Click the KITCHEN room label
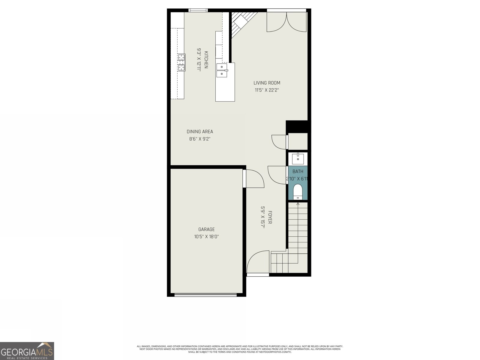coord(206,60)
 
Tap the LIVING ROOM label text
coord(267,83)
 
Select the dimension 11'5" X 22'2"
coord(267,90)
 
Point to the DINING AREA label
coord(200,131)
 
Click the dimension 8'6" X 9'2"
coord(200,139)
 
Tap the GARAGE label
coord(206,229)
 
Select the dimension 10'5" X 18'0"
coord(206,236)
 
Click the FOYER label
coord(270,217)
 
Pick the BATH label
coord(298,171)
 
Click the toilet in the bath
coord(298,191)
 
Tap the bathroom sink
coord(298,158)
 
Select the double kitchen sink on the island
coord(222,70)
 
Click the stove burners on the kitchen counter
coord(181,62)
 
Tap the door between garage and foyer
coord(253,179)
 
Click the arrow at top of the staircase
coord(298,204)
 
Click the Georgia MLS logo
coord(27,351)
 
